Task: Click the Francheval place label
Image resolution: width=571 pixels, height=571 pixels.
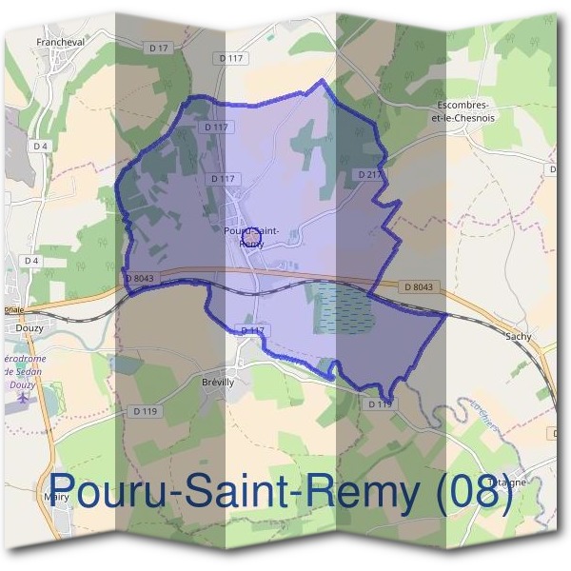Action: pos(62,42)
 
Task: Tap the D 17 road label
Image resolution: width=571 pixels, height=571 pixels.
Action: pos(158,47)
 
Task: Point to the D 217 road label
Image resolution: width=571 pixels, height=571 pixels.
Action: pos(369,175)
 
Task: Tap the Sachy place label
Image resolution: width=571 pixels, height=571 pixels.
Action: pos(519,336)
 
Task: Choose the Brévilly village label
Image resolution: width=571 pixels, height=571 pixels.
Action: pos(218,382)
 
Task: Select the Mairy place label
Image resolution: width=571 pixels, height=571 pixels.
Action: pos(58,497)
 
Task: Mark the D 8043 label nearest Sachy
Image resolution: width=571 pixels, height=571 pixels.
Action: pos(418,287)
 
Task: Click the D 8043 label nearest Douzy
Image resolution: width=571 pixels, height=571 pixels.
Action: pos(139,278)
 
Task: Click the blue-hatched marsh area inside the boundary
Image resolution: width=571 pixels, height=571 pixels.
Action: pos(341,308)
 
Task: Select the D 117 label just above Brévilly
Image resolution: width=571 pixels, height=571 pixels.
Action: pos(251,329)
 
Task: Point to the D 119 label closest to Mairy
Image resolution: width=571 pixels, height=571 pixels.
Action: pos(145,411)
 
